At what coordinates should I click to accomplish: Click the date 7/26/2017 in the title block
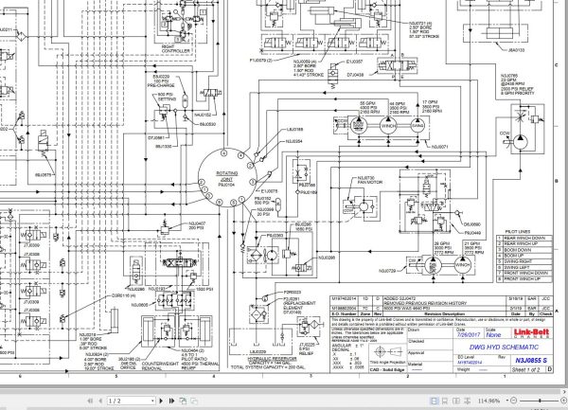point(435,334)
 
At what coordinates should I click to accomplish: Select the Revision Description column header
point(427,312)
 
